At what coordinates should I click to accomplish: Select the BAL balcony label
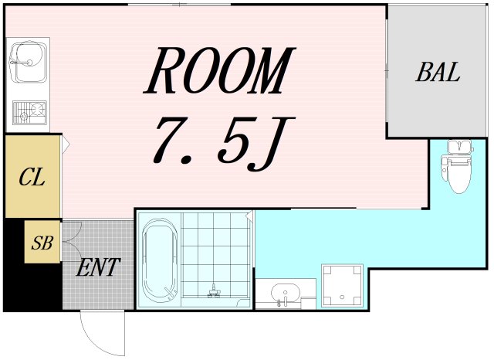click(x=438, y=73)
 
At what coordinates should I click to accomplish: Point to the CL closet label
click(x=32, y=177)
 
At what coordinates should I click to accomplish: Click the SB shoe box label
click(x=42, y=243)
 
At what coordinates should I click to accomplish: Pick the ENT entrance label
click(x=98, y=268)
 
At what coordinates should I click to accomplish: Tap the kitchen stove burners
click(x=29, y=114)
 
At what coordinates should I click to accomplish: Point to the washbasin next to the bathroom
click(x=286, y=294)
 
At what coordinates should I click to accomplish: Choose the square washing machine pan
click(x=342, y=284)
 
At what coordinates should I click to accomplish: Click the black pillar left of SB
click(x=13, y=263)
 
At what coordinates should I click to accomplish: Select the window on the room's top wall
click(x=179, y=5)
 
